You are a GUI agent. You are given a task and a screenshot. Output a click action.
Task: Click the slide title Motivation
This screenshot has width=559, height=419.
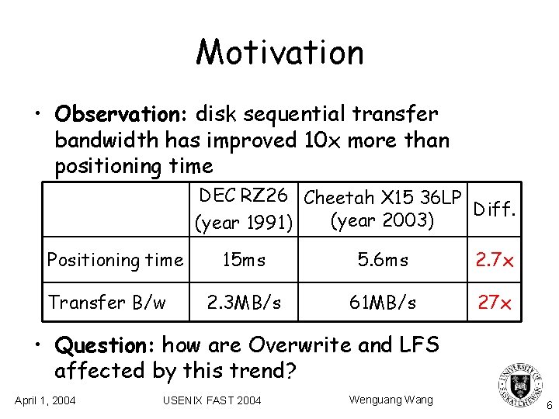click(x=279, y=53)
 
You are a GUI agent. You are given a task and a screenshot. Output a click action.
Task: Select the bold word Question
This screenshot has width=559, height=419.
click(x=105, y=344)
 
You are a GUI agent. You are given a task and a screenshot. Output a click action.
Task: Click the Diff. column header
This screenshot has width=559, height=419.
click(x=495, y=209)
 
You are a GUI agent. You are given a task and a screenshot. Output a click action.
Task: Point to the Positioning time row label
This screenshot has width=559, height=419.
click(x=115, y=260)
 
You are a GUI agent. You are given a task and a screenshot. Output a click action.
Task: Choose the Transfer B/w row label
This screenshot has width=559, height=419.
click(x=106, y=302)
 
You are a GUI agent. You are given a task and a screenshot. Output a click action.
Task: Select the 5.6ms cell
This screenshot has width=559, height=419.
click(x=384, y=261)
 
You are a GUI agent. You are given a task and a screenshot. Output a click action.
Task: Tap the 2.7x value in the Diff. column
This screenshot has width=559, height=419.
click(x=495, y=261)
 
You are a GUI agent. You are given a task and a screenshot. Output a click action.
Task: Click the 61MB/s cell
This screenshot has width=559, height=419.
click(x=384, y=303)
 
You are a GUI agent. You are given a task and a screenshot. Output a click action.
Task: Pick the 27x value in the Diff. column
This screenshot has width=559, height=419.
click(x=495, y=303)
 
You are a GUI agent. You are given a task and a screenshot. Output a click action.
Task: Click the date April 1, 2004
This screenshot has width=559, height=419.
click(x=45, y=400)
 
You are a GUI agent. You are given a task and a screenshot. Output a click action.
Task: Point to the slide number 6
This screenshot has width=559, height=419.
click(x=549, y=405)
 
